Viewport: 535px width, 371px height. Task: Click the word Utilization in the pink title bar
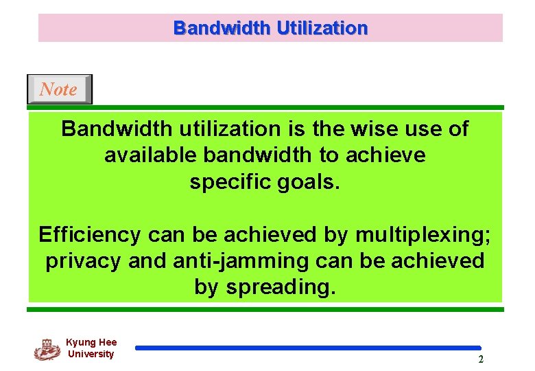(x=322, y=28)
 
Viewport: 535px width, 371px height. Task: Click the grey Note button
(x=59, y=89)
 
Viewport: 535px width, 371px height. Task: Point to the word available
(x=150, y=155)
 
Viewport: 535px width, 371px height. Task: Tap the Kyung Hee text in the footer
(x=91, y=342)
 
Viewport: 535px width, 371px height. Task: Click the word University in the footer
(x=91, y=354)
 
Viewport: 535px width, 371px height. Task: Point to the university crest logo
(x=47, y=350)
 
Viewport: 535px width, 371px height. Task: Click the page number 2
(x=480, y=359)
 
